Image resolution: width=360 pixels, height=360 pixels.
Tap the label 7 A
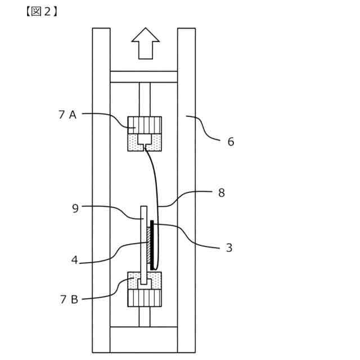(x=67, y=115)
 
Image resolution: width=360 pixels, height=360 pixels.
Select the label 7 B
(x=69, y=299)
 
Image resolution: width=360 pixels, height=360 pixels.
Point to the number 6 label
(x=231, y=142)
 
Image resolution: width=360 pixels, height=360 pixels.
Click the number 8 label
(x=222, y=192)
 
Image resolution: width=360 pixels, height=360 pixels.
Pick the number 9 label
(x=75, y=208)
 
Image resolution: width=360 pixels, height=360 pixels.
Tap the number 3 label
(x=229, y=247)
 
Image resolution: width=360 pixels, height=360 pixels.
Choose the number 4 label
(x=74, y=260)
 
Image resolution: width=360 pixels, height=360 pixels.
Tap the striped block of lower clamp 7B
(x=145, y=298)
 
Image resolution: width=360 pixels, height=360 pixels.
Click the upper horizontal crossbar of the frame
(x=143, y=76)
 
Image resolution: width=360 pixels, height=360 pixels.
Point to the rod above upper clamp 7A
(x=145, y=99)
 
